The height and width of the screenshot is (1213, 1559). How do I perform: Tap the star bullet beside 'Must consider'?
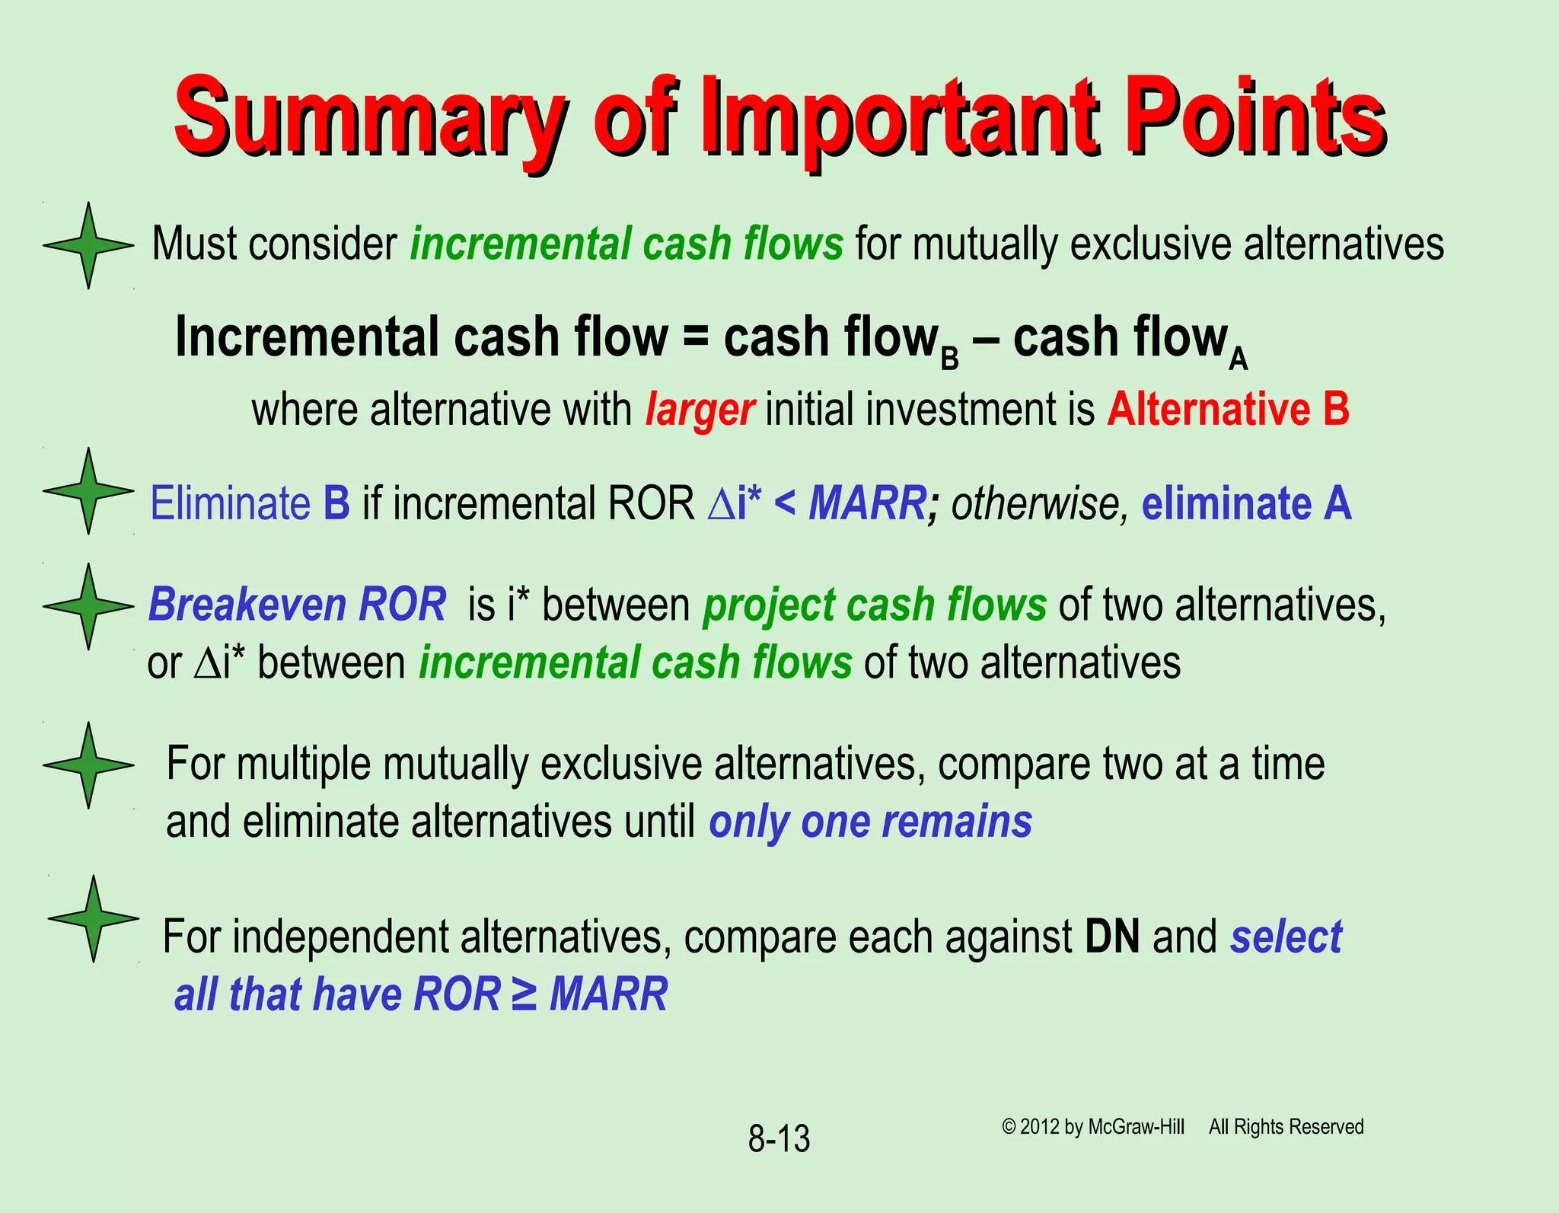pyautogui.click(x=88, y=245)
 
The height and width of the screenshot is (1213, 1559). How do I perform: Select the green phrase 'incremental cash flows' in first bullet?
pyautogui.click(x=626, y=244)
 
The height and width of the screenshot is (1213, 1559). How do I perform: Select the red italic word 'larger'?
pyautogui.click(x=700, y=410)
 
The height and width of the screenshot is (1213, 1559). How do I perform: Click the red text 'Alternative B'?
pyautogui.click(x=1228, y=409)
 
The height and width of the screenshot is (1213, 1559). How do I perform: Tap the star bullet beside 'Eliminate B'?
pyautogui.click(x=88, y=491)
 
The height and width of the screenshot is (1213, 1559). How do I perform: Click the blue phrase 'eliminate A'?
pyautogui.click(x=1246, y=504)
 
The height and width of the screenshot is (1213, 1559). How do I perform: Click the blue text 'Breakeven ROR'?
pyautogui.click(x=297, y=605)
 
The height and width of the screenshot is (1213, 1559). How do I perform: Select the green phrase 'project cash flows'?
pyautogui.click(x=874, y=606)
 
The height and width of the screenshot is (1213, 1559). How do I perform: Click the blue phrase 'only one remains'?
pyautogui.click(x=870, y=822)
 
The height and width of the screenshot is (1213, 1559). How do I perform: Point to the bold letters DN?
pyautogui.click(x=1112, y=937)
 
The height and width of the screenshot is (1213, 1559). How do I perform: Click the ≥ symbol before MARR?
pyautogui.click(x=524, y=994)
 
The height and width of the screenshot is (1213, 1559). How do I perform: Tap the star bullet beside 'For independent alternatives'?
pyautogui.click(x=93, y=918)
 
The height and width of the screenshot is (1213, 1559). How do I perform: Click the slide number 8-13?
pyautogui.click(x=779, y=1139)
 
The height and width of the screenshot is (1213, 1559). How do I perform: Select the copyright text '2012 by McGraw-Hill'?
pyautogui.click(x=1102, y=1127)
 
